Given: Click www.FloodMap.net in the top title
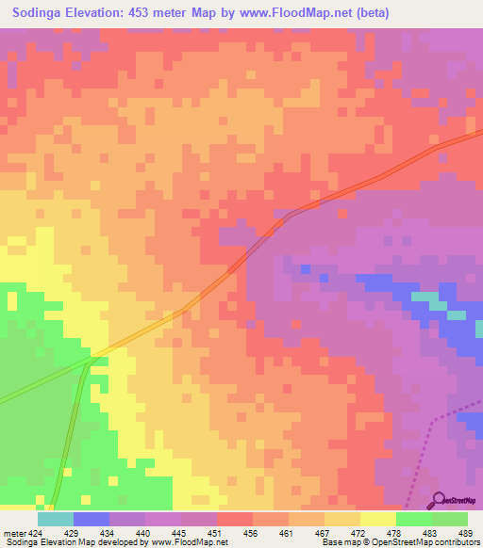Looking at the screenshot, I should (x=299, y=13).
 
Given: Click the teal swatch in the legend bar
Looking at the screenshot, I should (x=56, y=519).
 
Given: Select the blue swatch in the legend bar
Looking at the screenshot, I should (x=92, y=519).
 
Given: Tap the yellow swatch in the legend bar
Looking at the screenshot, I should (x=377, y=519).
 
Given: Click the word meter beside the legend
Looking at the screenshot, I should (x=12, y=532).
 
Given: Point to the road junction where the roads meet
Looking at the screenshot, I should (x=91, y=360).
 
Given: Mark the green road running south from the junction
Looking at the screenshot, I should (x=74, y=433).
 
